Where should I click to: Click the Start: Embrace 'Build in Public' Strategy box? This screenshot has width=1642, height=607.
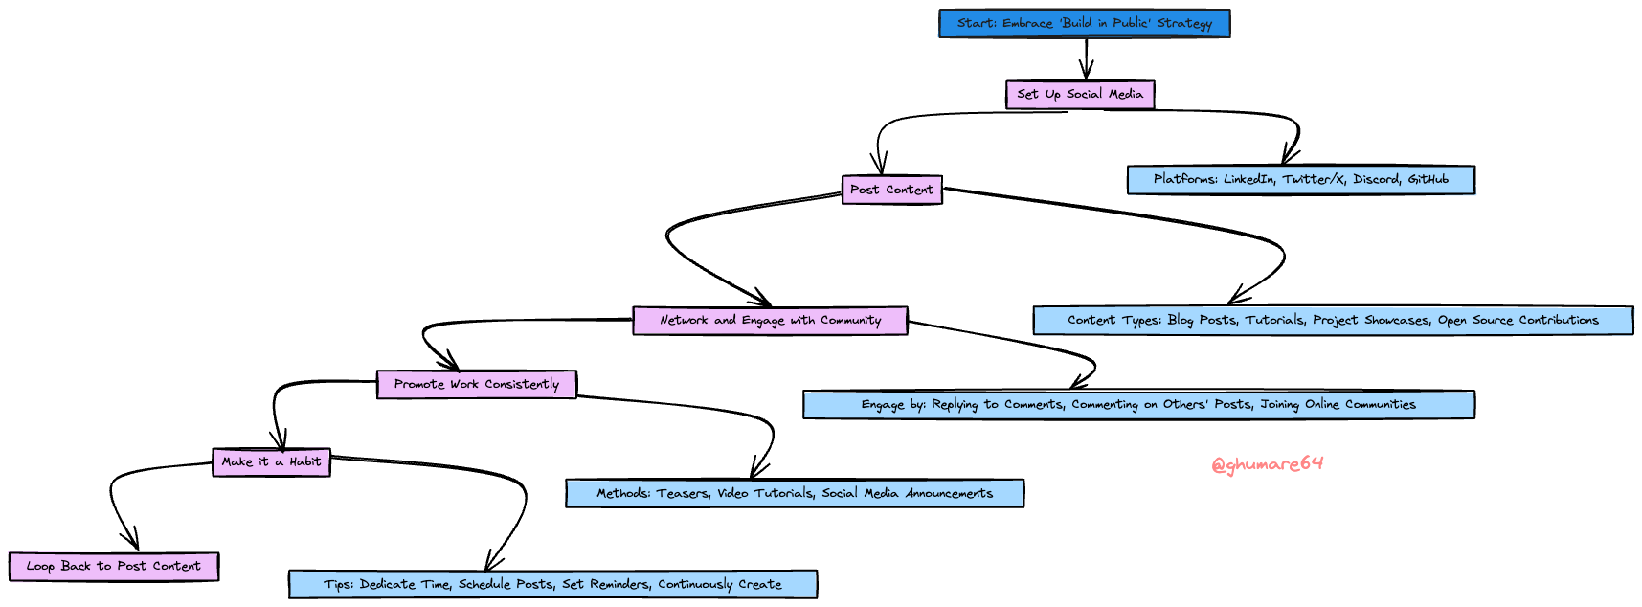click(1084, 24)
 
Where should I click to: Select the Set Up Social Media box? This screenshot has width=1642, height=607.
click(1079, 95)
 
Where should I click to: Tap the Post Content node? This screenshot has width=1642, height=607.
click(891, 190)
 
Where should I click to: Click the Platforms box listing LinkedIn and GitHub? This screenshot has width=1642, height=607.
click(1300, 180)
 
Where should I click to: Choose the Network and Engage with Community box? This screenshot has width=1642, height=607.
click(769, 321)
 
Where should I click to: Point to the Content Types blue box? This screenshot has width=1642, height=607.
click(1333, 321)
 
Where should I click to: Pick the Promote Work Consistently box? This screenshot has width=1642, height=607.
click(476, 385)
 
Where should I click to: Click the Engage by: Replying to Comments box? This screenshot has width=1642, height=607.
click(1137, 405)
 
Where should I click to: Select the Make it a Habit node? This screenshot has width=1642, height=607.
click(271, 462)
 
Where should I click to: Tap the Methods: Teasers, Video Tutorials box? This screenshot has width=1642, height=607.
click(794, 494)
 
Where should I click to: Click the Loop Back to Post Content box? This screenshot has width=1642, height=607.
click(113, 567)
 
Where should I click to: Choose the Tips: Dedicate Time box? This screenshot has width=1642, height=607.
click(552, 585)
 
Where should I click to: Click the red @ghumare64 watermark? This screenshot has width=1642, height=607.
click(1267, 465)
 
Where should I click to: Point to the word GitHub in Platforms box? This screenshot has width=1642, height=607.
click(1428, 180)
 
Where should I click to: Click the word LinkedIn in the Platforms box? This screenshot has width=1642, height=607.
click(1248, 180)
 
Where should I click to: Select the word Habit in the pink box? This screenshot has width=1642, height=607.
click(305, 462)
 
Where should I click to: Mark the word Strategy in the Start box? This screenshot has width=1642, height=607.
click(1184, 24)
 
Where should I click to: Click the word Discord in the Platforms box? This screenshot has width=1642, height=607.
click(1376, 180)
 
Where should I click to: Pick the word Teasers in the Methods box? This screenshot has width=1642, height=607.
click(682, 494)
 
